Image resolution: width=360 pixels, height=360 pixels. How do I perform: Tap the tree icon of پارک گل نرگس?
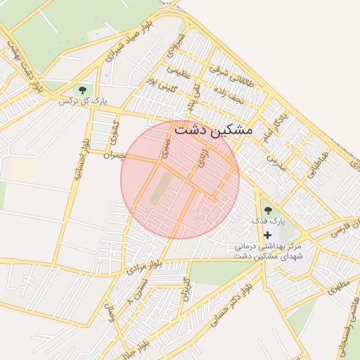(x=83, y=90)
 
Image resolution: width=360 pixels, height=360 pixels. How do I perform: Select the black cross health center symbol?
(x=266, y=233)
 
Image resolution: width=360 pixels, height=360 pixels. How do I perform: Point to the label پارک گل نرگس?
(x=83, y=101)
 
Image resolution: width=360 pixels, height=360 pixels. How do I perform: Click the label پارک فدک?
(x=268, y=221)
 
